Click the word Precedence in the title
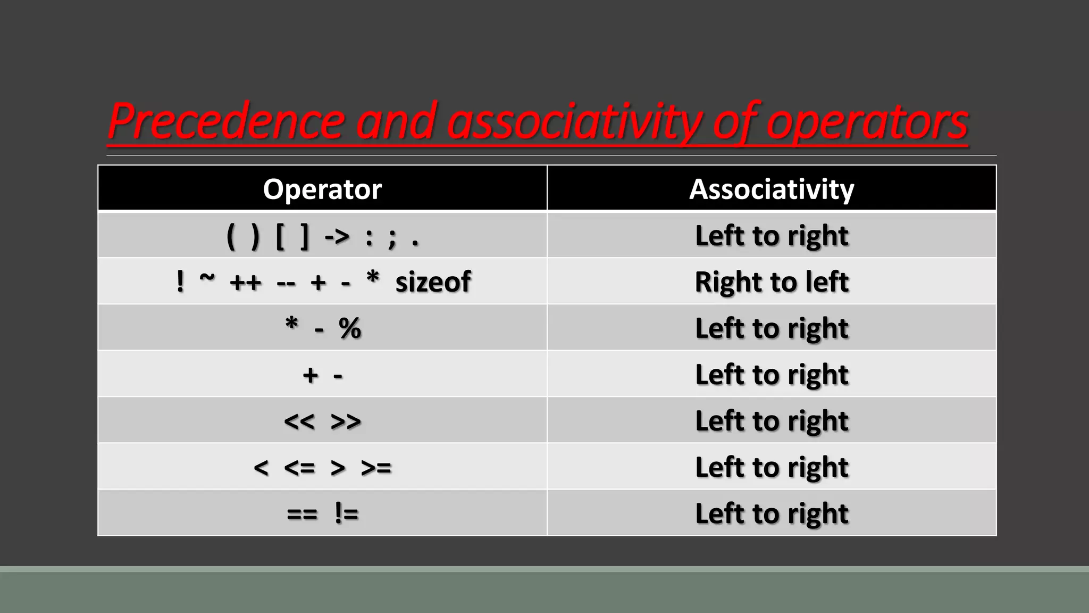pyautogui.click(x=227, y=121)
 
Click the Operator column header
pyautogui.click(x=322, y=189)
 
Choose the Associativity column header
pyautogui.click(x=772, y=189)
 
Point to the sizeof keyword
pyautogui.click(x=433, y=281)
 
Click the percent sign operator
pyautogui.click(x=350, y=328)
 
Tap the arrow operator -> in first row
pyautogui.click(x=337, y=236)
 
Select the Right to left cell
pyautogui.click(x=772, y=281)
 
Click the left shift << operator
pyautogui.click(x=299, y=421)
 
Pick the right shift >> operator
pyautogui.click(x=346, y=421)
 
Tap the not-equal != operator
pyautogui.click(x=347, y=513)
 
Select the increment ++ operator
pyautogui.click(x=246, y=283)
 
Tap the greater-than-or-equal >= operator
pyautogui.click(x=376, y=468)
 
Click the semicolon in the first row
pyautogui.click(x=392, y=237)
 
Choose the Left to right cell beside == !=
pyautogui.click(x=772, y=513)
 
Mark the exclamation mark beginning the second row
pyautogui.click(x=180, y=281)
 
